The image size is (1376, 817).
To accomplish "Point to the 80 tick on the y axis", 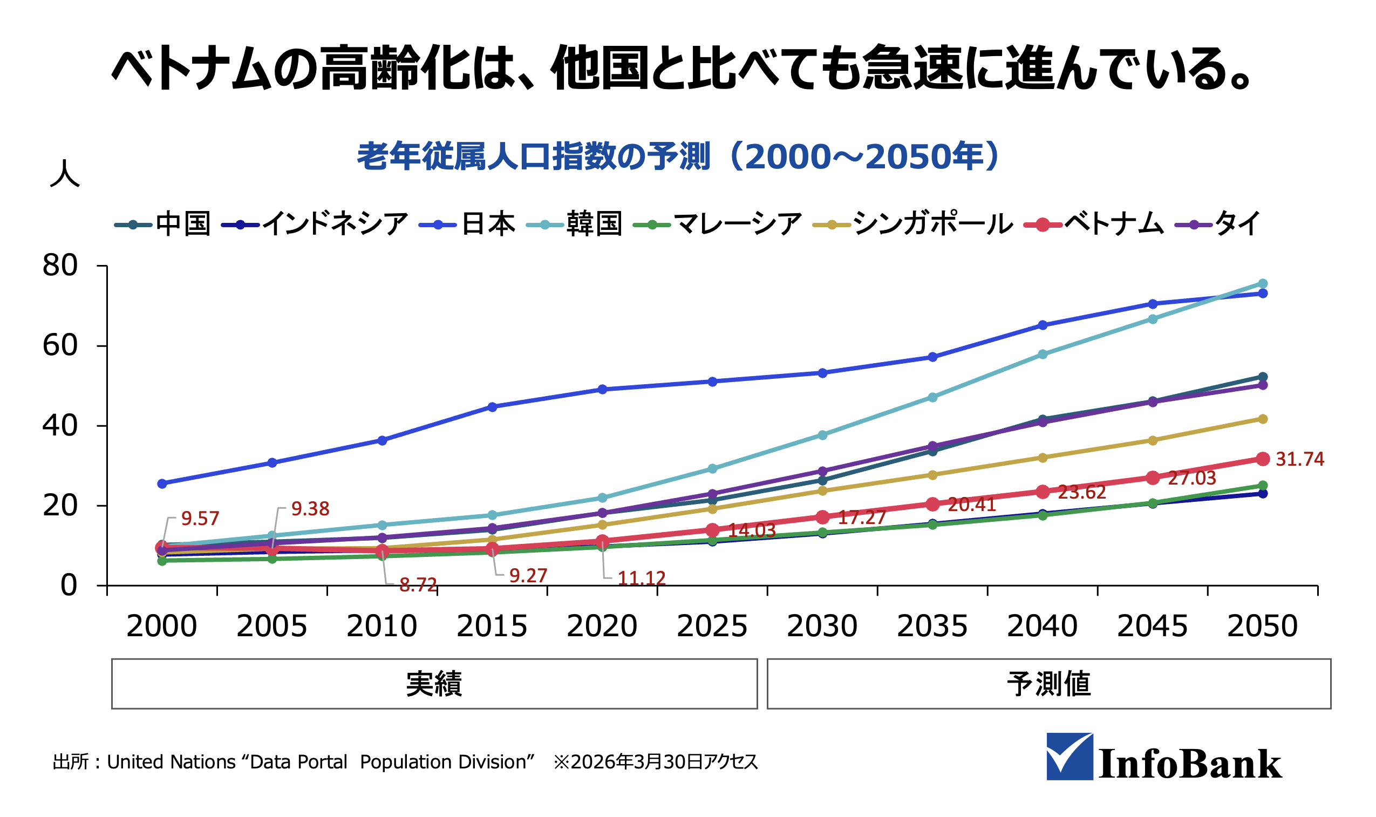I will tap(60, 266).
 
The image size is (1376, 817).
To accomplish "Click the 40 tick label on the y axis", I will tap(60, 426).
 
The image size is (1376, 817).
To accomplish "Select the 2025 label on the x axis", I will tap(712, 626).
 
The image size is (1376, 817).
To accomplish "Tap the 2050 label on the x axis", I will tap(1262, 626).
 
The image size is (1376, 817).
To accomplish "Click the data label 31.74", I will tap(1299, 459).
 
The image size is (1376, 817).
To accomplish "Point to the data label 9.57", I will tap(200, 519).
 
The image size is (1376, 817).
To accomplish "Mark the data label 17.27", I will tap(861, 518).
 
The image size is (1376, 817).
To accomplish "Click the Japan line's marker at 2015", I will tap(492, 407).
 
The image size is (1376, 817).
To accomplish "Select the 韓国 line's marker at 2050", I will tap(1263, 283).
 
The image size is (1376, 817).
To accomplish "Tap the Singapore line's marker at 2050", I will tap(1263, 419).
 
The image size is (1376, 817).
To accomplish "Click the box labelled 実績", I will tap(434, 684).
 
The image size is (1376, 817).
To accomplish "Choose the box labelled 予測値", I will tap(1048, 684).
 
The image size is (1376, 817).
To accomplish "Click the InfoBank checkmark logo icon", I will tap(1069, 757).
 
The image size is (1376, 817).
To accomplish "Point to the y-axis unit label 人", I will tap(65, 174).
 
